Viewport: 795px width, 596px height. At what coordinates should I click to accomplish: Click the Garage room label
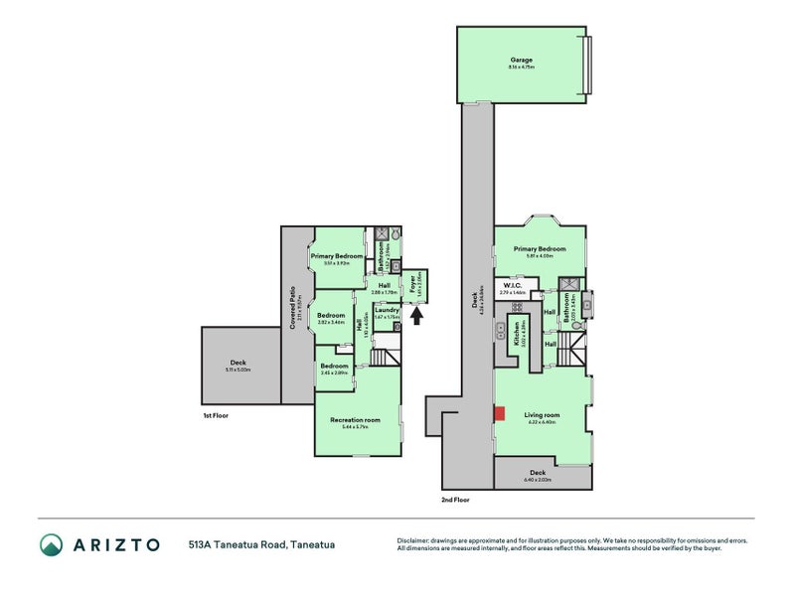(522, 60)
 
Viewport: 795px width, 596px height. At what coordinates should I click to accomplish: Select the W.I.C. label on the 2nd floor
(512, 287)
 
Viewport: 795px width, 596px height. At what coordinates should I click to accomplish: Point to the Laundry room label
(388, 310)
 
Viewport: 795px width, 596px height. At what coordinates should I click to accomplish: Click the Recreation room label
(355, 420)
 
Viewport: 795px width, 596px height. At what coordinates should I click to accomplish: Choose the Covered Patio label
(293, 309)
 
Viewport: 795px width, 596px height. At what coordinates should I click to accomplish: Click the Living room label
(544, 415)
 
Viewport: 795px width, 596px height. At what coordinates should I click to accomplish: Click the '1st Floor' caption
(216, 415)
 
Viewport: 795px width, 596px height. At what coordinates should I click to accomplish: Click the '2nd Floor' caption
(454, 500)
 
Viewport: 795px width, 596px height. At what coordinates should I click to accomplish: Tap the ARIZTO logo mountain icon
(52, 544)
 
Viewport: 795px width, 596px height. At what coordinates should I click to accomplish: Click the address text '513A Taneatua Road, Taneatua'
(261, 544)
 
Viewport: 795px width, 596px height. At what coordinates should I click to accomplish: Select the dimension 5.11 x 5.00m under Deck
(238, 370)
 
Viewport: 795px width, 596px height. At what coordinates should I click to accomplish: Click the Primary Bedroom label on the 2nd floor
(540, 248)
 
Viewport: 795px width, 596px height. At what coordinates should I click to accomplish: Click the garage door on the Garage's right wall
(587, 65)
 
